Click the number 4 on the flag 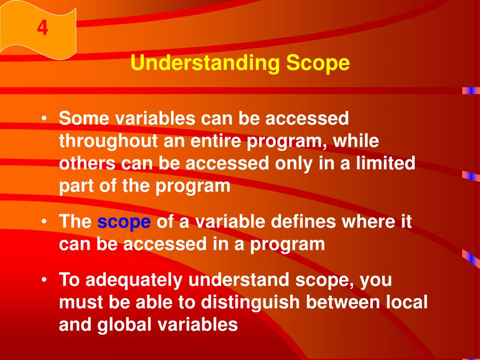pos(43,29)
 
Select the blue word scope pos(124,222)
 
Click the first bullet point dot pos(44,119)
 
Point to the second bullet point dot pos(44,222)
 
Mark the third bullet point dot pos(44,280)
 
